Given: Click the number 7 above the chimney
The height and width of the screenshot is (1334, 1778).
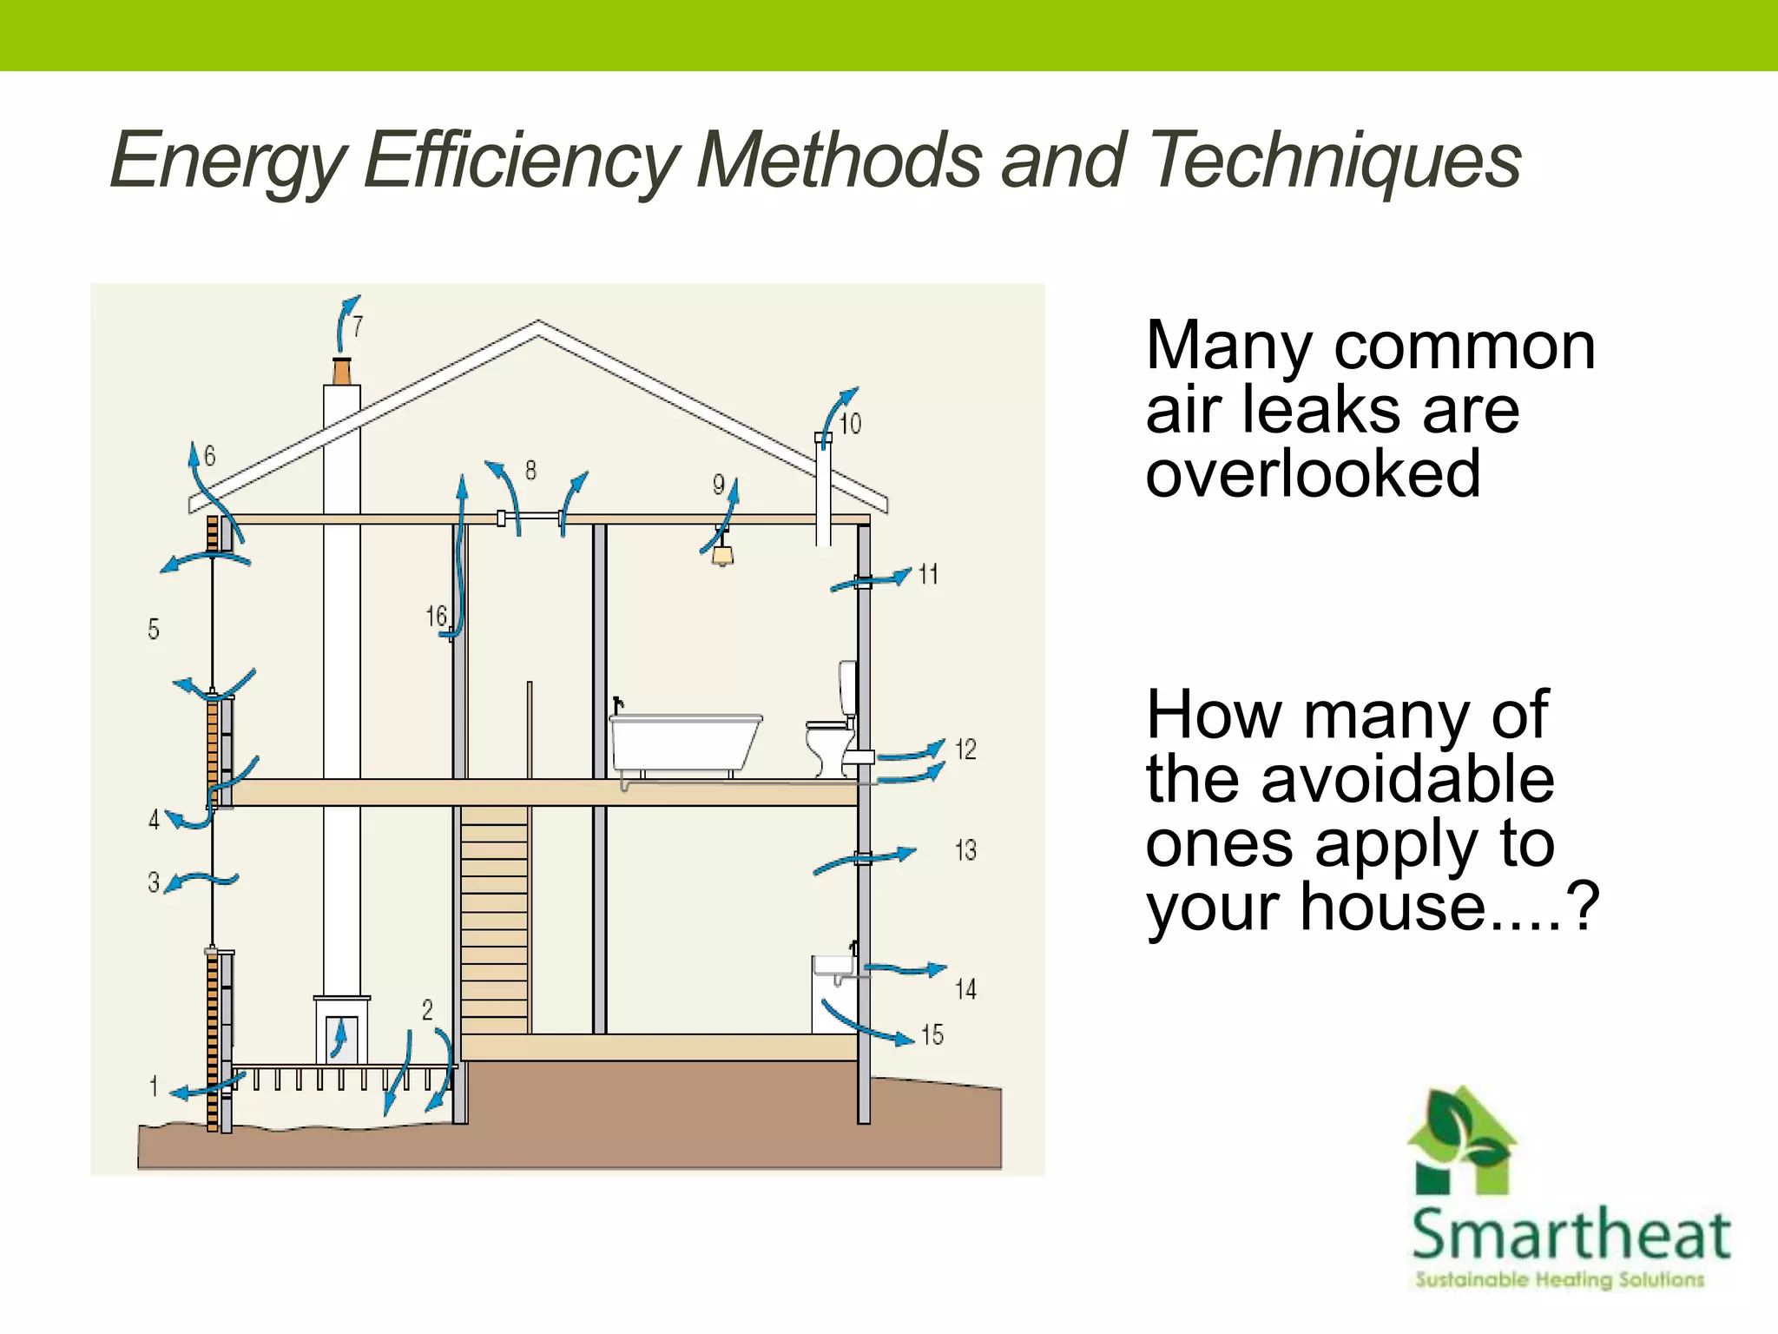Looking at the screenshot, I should tap(358, 327).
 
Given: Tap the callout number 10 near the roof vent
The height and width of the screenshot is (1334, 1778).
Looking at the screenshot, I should tap(850, 424).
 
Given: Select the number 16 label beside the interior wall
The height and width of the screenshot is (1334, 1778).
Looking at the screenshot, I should tap(436, 617).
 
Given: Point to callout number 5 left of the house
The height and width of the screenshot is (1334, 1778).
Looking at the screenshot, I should tap(154, 629).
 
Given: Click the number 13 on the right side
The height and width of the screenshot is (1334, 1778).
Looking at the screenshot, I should tap(965, 850).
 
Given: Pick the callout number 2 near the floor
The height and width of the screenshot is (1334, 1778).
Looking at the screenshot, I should tap(427, 1009).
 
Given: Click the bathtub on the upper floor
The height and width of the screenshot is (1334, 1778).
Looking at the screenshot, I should tap(684, 742).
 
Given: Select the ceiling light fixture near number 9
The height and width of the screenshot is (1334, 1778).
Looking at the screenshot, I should tap(722, 552).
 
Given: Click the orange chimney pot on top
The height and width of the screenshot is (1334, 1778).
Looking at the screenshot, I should tap(342, 371).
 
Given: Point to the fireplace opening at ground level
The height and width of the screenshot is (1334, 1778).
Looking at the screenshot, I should tap(341, 1039).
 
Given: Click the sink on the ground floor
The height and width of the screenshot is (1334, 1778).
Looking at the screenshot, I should tap(832, 966).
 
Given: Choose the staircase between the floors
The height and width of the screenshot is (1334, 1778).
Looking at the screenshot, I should tap(494, 921).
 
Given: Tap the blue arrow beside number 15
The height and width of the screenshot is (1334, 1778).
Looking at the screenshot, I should tap(868, 1025).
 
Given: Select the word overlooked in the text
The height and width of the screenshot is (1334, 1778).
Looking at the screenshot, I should tap(1313, 474).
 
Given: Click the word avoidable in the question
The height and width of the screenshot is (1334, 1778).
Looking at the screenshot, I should tap(1406, 779).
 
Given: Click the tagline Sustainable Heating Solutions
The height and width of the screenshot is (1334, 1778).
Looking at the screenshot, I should tap(1559, 1279).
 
